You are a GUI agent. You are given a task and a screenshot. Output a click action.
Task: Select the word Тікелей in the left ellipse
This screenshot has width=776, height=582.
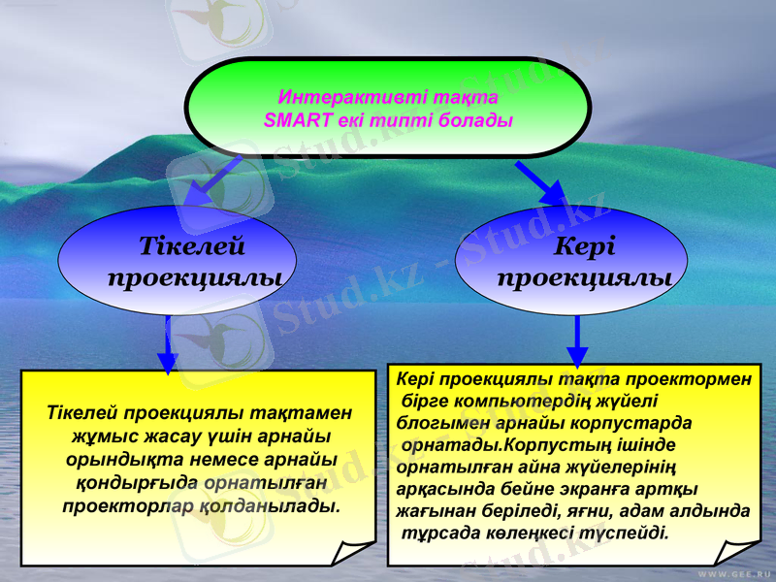[191, 247]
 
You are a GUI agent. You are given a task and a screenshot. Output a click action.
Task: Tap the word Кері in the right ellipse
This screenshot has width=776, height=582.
[585, 247]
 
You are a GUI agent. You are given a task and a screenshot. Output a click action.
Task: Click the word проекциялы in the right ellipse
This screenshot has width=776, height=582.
[585, 278]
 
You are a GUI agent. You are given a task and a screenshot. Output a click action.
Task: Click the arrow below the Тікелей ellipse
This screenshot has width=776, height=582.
[168, 345]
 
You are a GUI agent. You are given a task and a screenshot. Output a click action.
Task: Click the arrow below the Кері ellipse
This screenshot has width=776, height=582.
[577, 343]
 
